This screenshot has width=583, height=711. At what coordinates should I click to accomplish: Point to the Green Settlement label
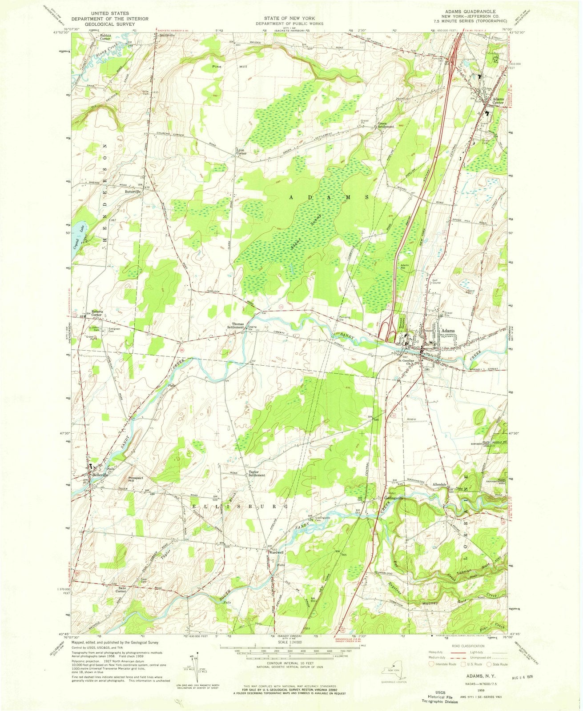click(386, 124)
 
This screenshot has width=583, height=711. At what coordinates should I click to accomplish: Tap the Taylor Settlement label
click(257, 473)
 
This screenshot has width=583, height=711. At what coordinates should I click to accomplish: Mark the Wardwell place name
click(275, 553)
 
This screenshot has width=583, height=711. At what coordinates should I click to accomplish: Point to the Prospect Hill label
click(135, 480)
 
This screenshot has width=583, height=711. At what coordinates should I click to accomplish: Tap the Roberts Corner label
click(97, 313)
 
